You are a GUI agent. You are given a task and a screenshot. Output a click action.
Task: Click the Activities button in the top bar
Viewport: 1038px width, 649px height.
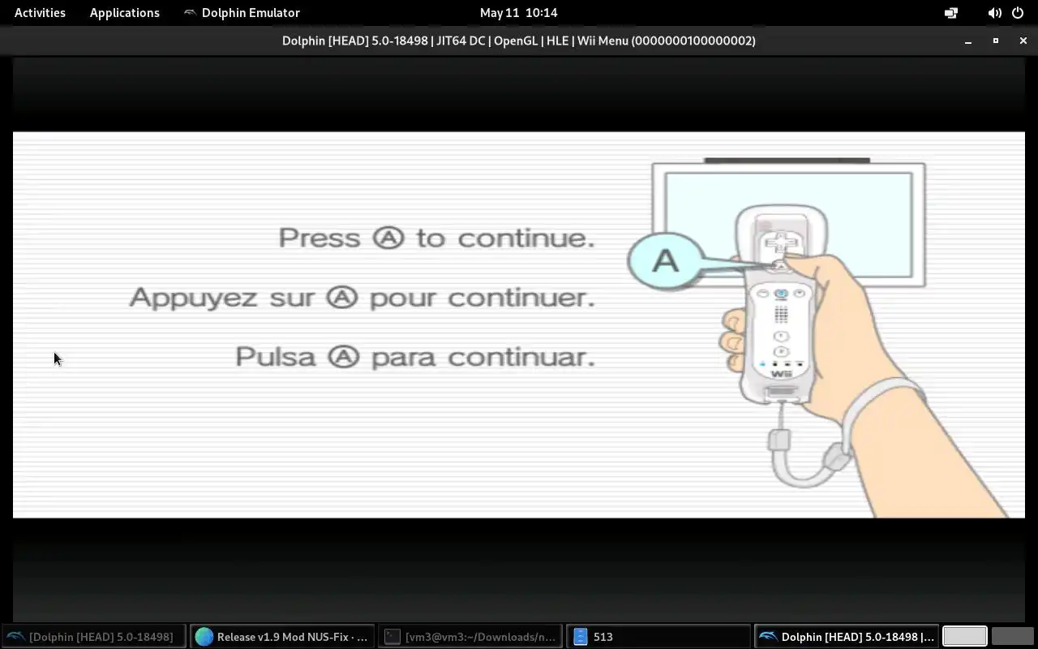tap(40, 13)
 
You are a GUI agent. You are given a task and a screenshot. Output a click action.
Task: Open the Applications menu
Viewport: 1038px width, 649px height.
tap(124, 13)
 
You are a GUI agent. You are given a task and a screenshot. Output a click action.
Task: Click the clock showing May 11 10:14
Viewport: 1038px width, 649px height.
tap(518, 13)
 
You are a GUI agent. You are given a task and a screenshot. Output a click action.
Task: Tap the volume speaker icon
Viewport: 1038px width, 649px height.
tap(994, 13)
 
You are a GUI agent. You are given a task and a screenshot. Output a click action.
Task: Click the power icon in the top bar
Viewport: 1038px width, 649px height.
tap(1018, 13)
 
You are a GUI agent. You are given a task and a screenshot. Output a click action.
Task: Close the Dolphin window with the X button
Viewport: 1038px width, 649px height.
tap(1023, 41)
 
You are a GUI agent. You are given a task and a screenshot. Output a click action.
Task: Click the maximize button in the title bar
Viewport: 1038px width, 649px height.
tap(995, 41)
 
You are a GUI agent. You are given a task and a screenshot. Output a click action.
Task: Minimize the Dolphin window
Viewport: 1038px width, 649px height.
tap(968, 42)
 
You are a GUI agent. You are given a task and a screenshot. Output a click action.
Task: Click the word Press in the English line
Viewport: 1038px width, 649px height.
tap(320, 239)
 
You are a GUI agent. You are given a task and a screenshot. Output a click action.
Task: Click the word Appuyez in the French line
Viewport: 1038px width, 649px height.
tap(193, 298)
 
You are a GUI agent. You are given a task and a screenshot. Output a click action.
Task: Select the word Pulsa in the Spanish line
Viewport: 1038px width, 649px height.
tap(275, 357)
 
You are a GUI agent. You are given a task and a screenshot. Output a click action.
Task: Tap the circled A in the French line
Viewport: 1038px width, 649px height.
tap(342, 297)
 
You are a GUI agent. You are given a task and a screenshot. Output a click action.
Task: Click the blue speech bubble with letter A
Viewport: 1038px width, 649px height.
tap(666, 261)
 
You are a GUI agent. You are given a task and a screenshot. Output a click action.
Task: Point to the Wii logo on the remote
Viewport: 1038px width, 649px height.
tap(781, 374)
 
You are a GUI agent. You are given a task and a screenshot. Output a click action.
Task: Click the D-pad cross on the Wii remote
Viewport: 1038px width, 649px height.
tap(781, 243)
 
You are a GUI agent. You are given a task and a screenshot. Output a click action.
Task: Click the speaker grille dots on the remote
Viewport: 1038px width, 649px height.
tap(781, 315)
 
